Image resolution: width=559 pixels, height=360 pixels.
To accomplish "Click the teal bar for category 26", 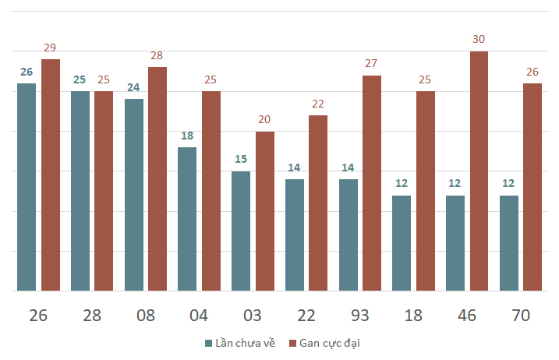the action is (x=27, y=187).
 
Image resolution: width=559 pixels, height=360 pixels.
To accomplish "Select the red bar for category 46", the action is (x=479, y=171).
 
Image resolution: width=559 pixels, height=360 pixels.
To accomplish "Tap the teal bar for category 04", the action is (x=187, y=219).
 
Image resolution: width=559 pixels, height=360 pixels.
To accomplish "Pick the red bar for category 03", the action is (x=265, y=211).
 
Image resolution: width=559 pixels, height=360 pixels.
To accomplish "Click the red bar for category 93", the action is (x=372, y=183).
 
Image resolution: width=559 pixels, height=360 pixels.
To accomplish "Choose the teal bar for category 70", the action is (x=509, y=243).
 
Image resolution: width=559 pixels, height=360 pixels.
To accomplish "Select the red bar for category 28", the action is (x=104, y=191).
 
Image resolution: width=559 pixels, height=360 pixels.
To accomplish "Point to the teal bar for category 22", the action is (x=295, y=235).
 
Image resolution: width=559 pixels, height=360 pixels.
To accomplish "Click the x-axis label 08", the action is (x=146, y=316).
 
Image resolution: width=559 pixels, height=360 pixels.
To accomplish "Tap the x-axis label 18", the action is (x=413, y=316).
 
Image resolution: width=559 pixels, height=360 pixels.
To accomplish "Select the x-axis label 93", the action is (x=359, y=316).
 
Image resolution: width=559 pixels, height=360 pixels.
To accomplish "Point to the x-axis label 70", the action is (x=521, y=316).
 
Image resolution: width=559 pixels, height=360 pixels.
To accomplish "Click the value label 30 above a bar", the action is (x=479, y=39).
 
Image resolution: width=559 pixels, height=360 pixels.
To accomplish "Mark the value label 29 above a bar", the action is (x=50, y=48).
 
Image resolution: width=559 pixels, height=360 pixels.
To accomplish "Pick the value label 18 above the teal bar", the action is (x=187, y=136).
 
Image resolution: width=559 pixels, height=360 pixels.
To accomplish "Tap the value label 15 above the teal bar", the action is (x=241, y=159).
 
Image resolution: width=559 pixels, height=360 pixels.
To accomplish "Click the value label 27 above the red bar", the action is (x=371, y=63).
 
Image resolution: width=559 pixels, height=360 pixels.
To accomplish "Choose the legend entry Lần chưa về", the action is (x=240, y=343).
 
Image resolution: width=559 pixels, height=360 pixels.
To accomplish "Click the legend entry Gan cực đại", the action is (x=324, y=344).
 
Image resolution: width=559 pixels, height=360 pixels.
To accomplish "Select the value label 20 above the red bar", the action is (x=264, y=119).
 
